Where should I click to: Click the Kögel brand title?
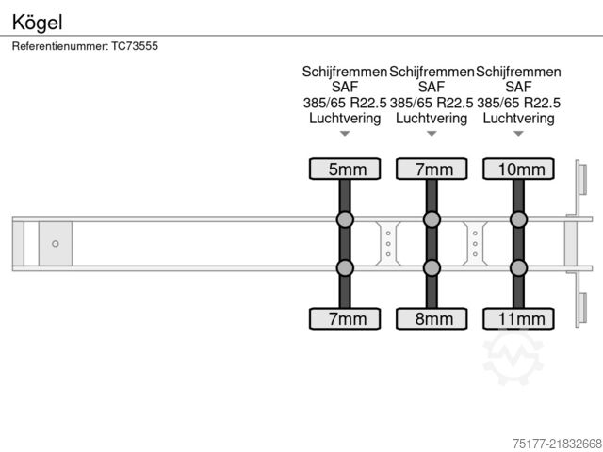(37, 23)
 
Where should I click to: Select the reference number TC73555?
(135, 46)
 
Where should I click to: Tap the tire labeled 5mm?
(345, 169)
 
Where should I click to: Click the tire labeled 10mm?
(518, 169)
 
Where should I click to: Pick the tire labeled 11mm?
(518, 318)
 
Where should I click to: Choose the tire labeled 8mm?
(432, 318)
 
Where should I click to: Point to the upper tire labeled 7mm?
(432, 169)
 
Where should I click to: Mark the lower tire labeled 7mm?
(345, 318)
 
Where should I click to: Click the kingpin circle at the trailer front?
(56, 244)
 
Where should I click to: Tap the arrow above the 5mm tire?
(345, 134)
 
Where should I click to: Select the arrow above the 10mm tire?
(518, 134)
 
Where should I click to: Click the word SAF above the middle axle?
(432, 88)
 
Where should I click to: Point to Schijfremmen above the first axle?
(345, 72)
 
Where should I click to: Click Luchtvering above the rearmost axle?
(518, 119)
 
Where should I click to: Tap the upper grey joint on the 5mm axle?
(345, 219)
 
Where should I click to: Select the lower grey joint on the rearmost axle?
(518, 267)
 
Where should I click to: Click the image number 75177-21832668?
(557, 444)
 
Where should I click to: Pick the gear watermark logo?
(513, 357)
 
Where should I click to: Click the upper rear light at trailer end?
(582, 179)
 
